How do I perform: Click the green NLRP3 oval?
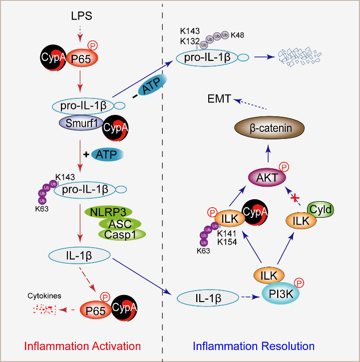click(106, 211)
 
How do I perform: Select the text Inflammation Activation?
click(83, 346)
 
